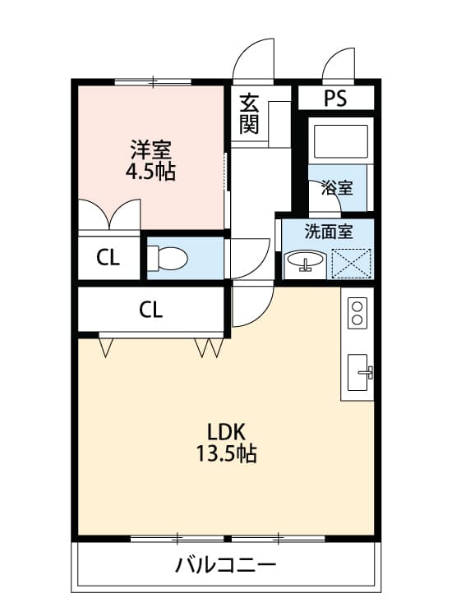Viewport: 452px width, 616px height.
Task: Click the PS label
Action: coord(334,99)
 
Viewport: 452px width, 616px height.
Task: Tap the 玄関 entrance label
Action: coord(249,114)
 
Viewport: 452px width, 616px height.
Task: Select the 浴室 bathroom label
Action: coord(336,187)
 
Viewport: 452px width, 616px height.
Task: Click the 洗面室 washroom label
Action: coord(327,232)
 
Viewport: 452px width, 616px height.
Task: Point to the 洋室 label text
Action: coord(150,150)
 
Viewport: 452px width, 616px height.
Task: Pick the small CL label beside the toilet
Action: coord(108,258)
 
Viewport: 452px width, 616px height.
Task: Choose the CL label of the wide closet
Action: coord(150,310)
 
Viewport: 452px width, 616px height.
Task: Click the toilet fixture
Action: coord(168,258)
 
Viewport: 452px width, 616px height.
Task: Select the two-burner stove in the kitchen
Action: coord(357,313)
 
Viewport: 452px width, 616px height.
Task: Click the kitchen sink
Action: coord(359,374)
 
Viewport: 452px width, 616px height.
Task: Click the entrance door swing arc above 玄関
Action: coord(252,62)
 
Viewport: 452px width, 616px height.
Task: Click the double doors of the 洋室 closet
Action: coord(109,215)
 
